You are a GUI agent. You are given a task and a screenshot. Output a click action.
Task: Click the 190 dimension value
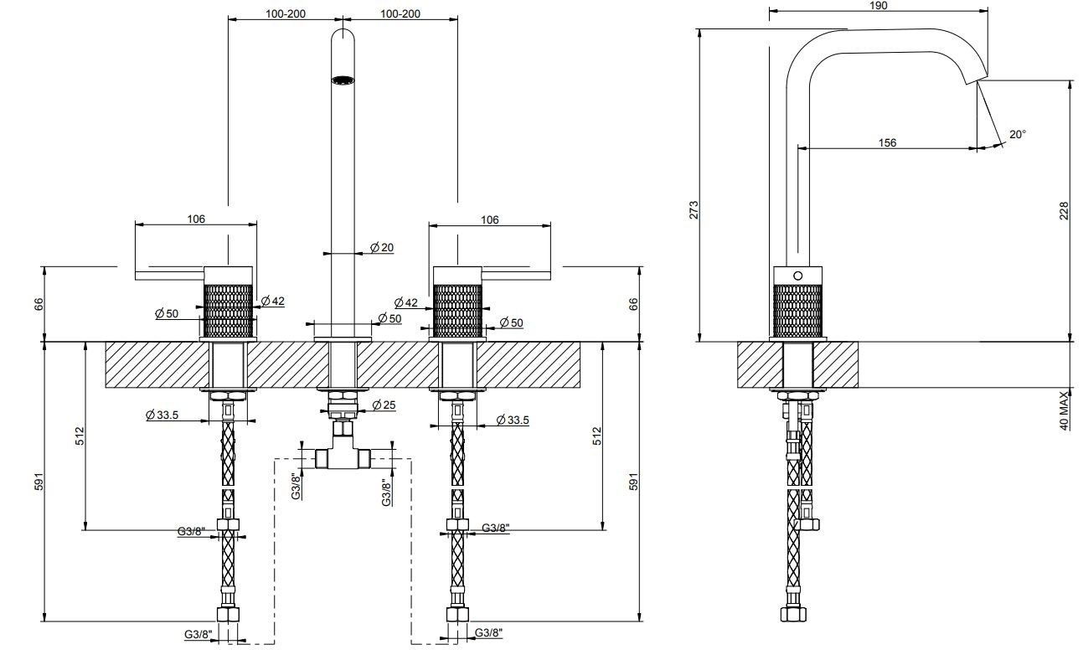point(878,5)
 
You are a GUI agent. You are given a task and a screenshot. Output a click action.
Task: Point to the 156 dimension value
point(887,142)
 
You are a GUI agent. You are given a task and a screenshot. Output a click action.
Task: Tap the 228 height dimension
point(1065,210)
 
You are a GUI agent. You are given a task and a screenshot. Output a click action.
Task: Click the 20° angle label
point(1018,134)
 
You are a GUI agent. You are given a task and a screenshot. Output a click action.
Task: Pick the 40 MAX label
point(1065,410)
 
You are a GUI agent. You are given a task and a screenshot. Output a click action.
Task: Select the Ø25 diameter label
point(384,405)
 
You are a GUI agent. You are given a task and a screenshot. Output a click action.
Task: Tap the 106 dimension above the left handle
point(195,219)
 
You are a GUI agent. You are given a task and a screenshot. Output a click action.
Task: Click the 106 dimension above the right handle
point(490,219)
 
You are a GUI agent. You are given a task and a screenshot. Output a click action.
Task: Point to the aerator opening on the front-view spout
point(343,80)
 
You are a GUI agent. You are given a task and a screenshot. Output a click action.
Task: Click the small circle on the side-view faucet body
point(797,275)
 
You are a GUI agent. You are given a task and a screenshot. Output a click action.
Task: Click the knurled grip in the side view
point(797,310)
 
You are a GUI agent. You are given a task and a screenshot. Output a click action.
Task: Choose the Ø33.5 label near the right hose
point(512,420)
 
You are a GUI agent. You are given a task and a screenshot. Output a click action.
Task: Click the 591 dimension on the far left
point(37,482)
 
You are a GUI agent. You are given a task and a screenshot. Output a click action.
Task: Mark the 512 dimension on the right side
point(596,435)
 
